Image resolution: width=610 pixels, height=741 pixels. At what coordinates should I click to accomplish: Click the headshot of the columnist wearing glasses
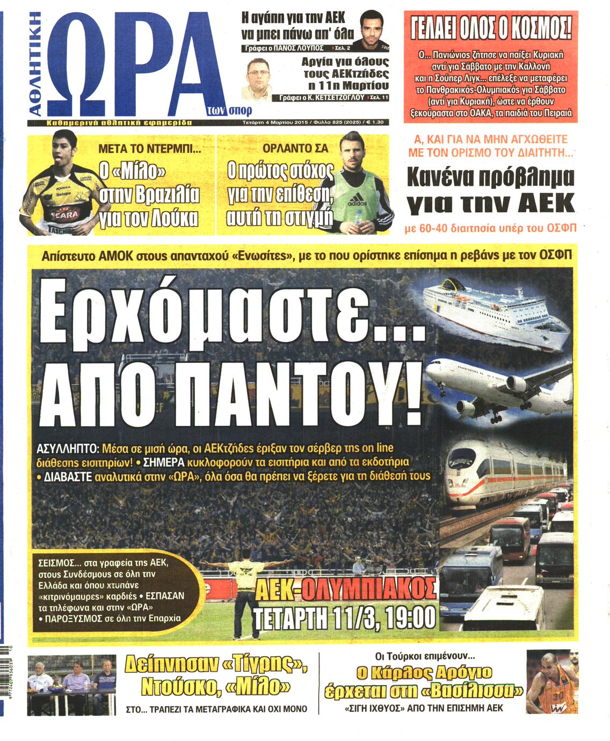point(257,78)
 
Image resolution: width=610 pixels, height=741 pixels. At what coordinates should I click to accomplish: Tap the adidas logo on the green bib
point(357,203)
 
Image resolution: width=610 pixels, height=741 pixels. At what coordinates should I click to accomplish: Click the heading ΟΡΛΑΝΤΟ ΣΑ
point(295,148)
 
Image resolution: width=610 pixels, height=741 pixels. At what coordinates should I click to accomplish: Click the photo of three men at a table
point(71,684)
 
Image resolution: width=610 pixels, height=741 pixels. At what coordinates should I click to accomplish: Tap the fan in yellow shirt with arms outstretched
point(244,580)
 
